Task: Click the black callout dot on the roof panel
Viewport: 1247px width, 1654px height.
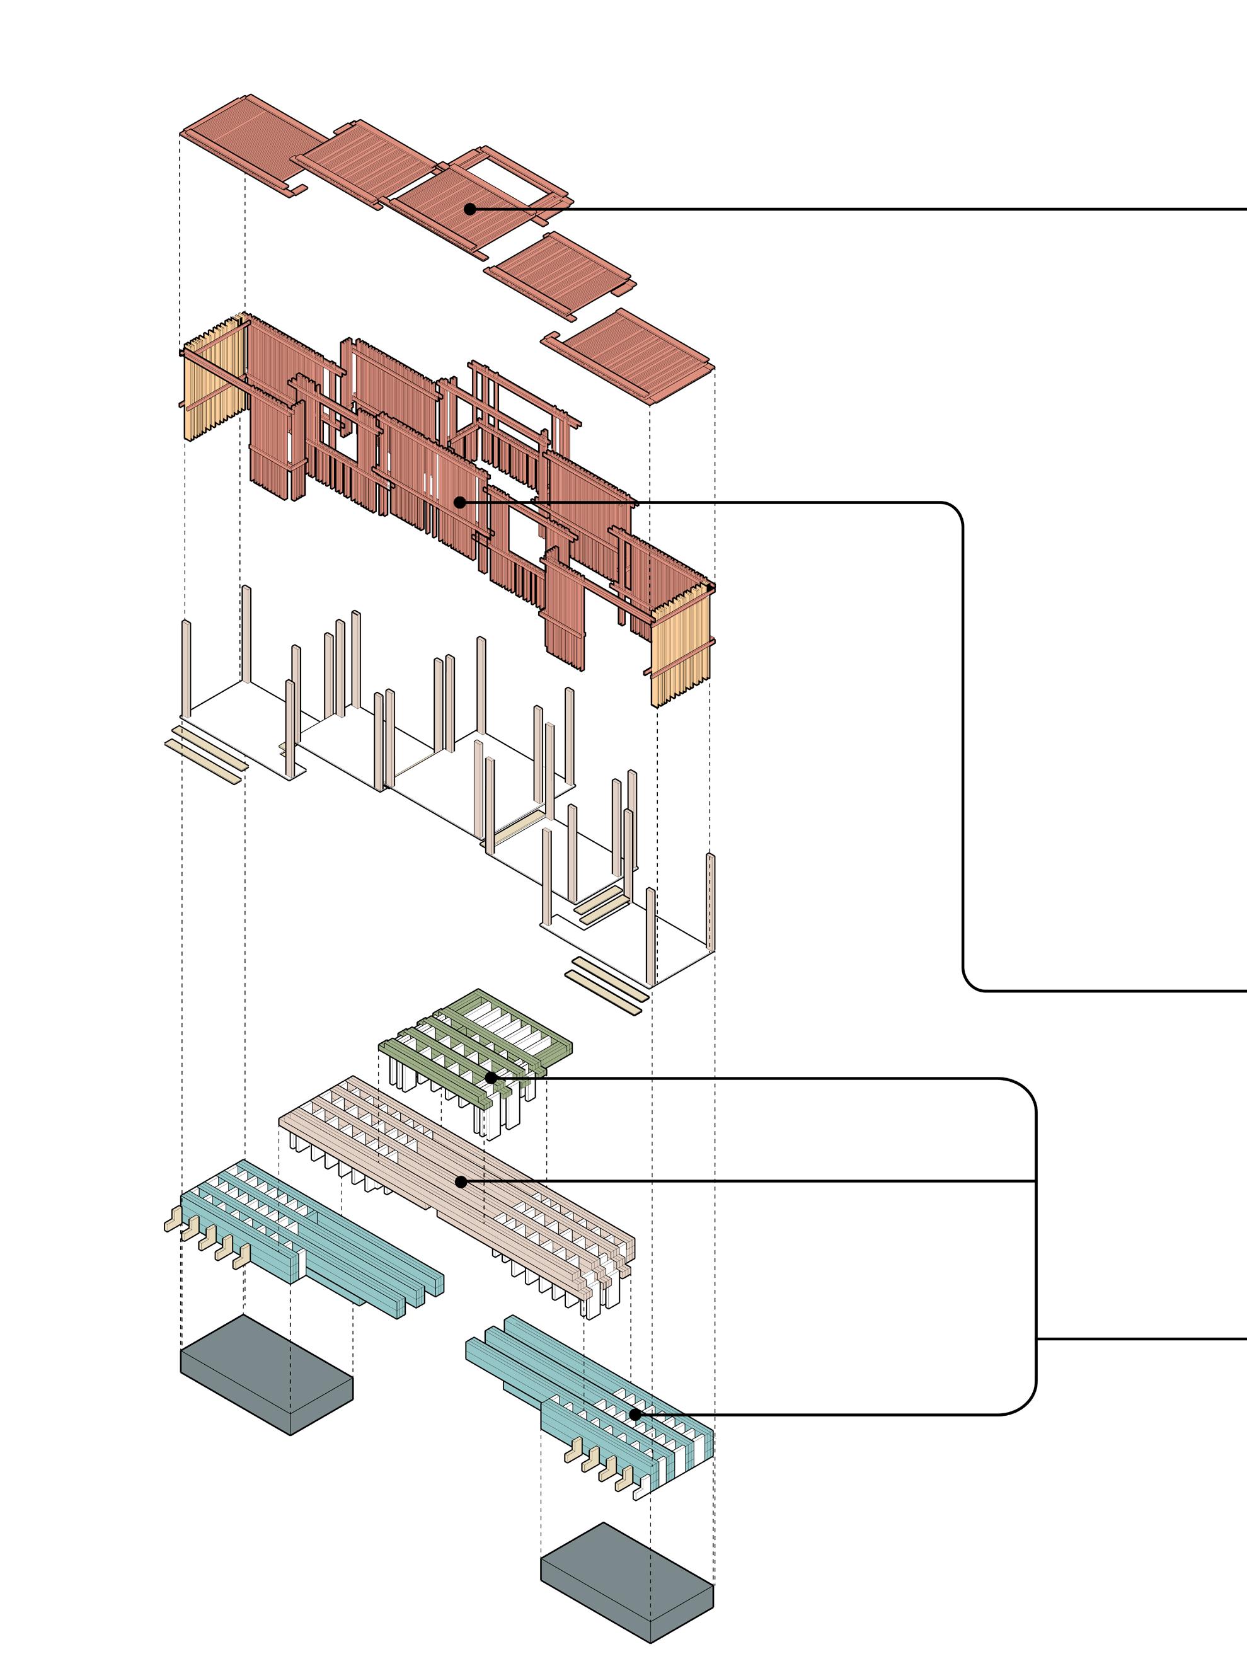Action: (469, 209)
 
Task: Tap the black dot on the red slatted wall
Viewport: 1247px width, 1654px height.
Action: (461, 502)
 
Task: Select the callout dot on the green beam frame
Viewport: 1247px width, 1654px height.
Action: (490, 1077)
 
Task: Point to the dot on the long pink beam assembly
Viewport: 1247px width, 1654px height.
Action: (461, 1182)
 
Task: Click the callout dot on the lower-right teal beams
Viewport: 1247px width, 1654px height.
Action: (635, 1415)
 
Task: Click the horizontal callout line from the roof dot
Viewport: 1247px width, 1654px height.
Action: (859, 209)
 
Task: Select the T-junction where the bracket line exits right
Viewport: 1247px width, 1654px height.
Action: (1036, 1338)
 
